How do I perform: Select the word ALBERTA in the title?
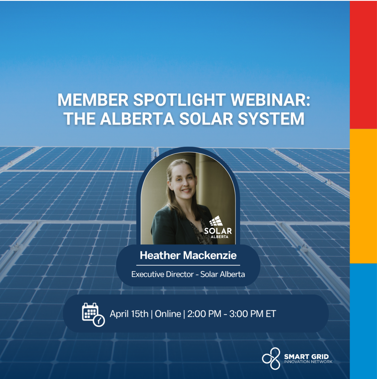[137, 119]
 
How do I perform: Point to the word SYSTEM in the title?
[271, 119]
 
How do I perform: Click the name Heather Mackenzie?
[188, 255]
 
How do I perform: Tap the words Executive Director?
[162, 274]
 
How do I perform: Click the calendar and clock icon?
[93, 315]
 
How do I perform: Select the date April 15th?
[129, 314]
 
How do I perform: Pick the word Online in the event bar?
[168, 314]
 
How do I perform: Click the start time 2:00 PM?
[204, 314]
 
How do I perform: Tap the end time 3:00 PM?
[246, 314]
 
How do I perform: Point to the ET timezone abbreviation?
[271, 314]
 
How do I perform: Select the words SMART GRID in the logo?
[306, 357]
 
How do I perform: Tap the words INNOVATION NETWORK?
[308, 362]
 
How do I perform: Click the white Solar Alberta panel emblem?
[216, 221]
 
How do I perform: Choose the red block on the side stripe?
[363, 65]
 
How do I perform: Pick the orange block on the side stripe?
[363, 196]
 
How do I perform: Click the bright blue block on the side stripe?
[363, 321]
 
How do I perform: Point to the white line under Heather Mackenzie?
[188, 265]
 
